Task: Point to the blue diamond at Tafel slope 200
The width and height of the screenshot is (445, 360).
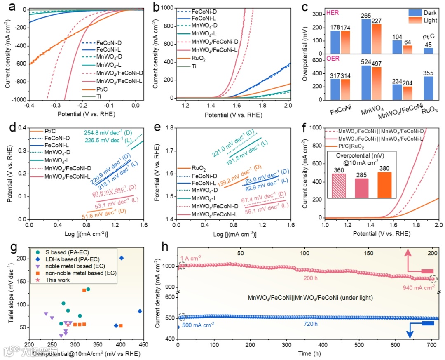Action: click(121, 258)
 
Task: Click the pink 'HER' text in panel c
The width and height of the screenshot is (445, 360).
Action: click(332, 13)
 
